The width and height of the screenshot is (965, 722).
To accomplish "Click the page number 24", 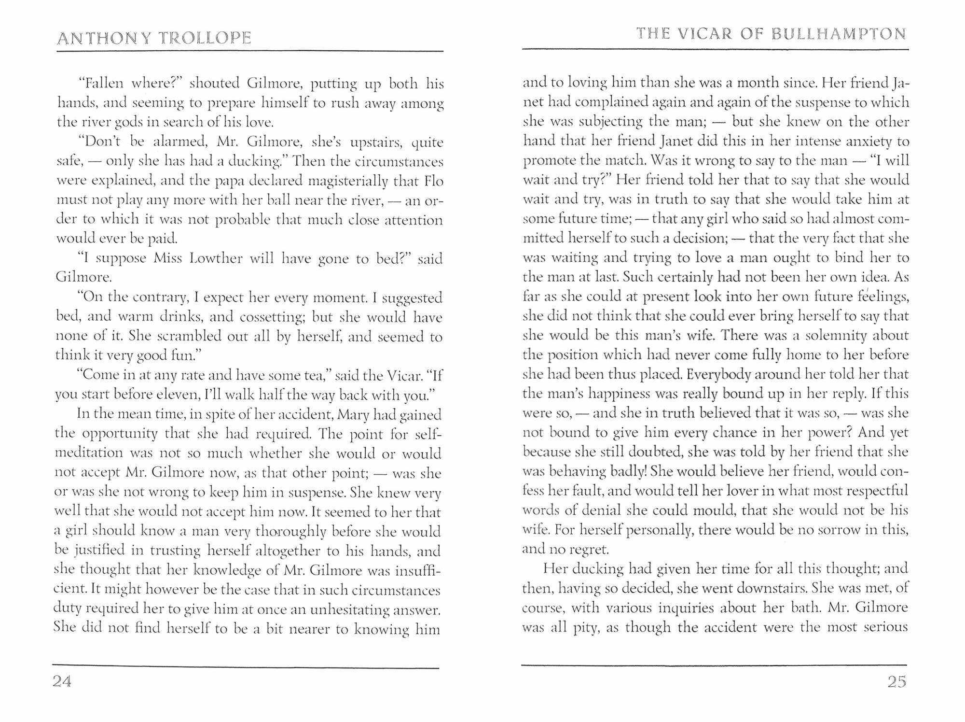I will [x=62, y=681].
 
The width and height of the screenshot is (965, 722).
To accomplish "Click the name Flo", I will [x=433, y=181].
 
